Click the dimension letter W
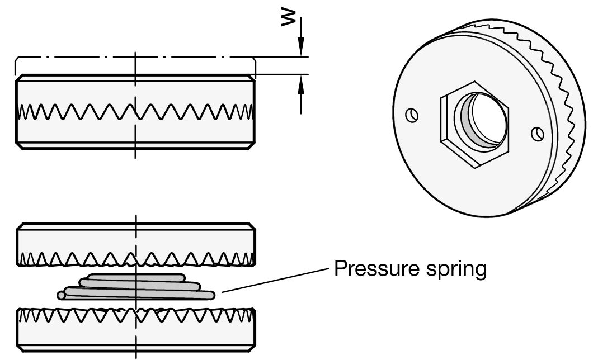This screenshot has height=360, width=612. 289,18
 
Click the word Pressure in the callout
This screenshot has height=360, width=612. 369,269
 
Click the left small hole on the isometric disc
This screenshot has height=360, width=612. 412,115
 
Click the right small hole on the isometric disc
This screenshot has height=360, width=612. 537,134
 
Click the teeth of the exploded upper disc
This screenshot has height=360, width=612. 84,258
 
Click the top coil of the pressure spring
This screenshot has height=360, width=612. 131,278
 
